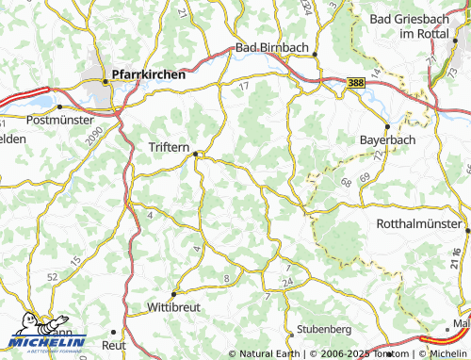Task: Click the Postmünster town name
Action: [x=61, y=120]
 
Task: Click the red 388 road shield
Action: [x=354, y=84]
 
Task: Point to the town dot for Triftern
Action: [x=196, y=155]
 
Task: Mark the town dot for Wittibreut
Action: [x=173, y=294]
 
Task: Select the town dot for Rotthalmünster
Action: [x=467, y=226]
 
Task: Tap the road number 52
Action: [x=52, y=277]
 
